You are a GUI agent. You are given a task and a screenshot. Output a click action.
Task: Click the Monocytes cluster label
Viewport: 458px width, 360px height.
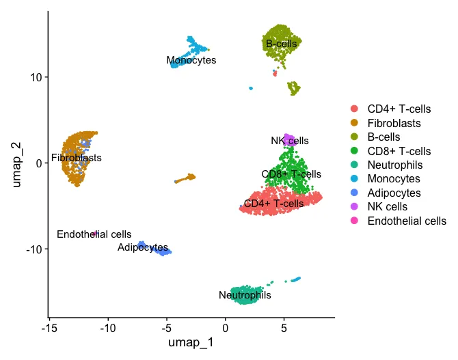pyautogui.click(x=191, y=60)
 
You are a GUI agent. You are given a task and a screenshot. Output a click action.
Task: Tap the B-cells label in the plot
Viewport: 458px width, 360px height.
pyautogui.click(x=282, y=44)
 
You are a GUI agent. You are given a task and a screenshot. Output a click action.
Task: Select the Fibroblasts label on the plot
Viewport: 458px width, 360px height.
pyautogui.click(x=76, y=158)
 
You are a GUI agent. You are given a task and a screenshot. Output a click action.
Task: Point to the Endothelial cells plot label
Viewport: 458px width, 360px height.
pyautogui.click(x=94, y=234)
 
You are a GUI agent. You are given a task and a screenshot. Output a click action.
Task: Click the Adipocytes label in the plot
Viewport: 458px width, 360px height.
pyautogui.click(x=142, y=247)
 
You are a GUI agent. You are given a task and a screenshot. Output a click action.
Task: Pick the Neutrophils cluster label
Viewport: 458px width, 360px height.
pyautogui.click(x=245, y=295)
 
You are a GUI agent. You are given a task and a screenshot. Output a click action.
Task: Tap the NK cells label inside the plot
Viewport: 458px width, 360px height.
pyautogui.click(x=289, y=141)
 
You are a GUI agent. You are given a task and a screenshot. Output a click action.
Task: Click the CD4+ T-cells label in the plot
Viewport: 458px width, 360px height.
pyautogui.click(x=273, y=204)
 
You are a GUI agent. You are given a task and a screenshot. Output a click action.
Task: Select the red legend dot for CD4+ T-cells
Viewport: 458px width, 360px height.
pyautogui.click(x=354, y=109)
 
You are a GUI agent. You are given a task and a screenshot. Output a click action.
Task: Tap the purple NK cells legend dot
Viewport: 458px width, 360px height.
pyautogui.click(x=354, y=206)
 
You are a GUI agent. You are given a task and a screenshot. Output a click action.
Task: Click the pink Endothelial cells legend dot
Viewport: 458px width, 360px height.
pyautogui.click(x=354, y=221)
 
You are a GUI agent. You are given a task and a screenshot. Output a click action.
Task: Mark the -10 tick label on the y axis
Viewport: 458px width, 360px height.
pyautogui.click(x=33, y=249)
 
